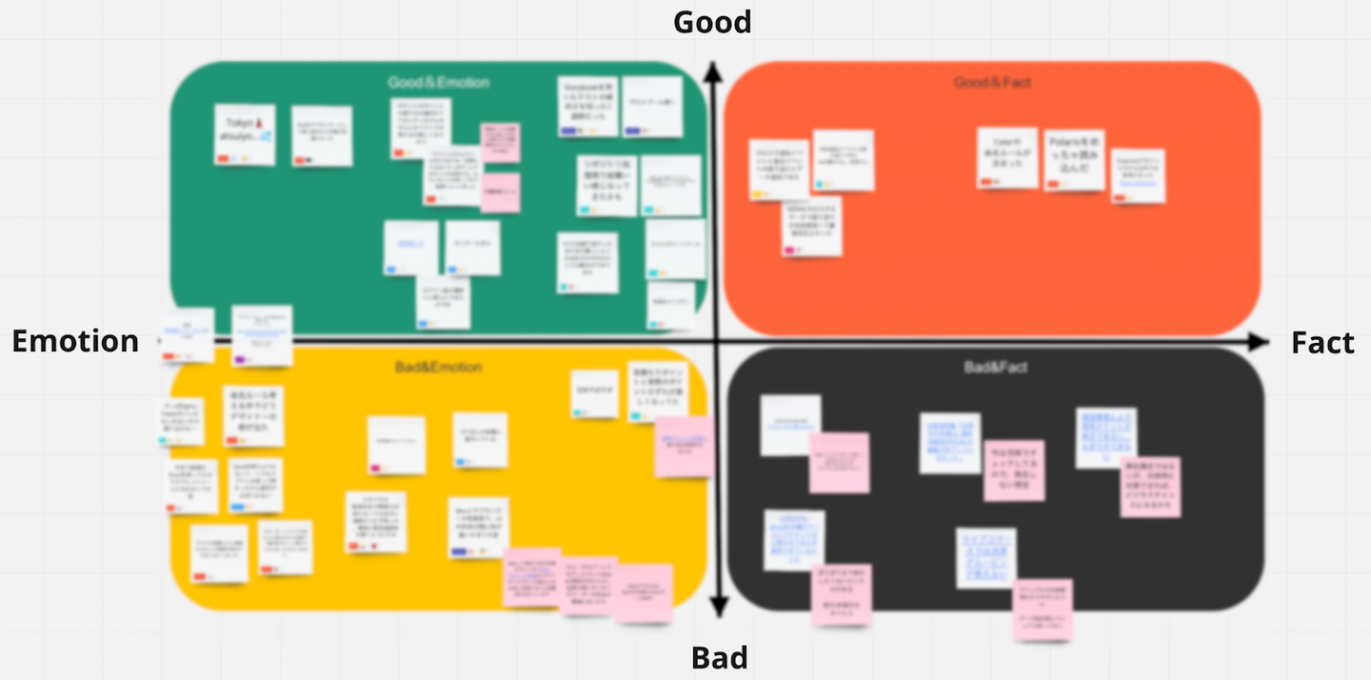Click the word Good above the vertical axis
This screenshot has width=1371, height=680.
712,22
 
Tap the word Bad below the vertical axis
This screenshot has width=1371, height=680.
719,657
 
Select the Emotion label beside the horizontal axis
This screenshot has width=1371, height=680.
75,341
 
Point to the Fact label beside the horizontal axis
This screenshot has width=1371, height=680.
1322,343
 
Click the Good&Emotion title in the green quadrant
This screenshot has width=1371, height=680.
438,83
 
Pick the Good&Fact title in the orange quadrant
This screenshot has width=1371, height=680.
992,83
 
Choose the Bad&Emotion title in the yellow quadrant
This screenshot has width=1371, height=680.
438,367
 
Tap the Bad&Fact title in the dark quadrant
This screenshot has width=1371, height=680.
995,367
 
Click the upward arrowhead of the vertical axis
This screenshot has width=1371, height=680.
710,70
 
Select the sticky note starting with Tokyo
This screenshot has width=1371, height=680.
245,134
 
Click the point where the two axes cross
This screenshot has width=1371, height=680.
715,341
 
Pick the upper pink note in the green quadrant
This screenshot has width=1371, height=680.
500,141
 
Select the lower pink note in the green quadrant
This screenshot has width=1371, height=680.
500,191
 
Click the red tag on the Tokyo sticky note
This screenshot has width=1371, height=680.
223,158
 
